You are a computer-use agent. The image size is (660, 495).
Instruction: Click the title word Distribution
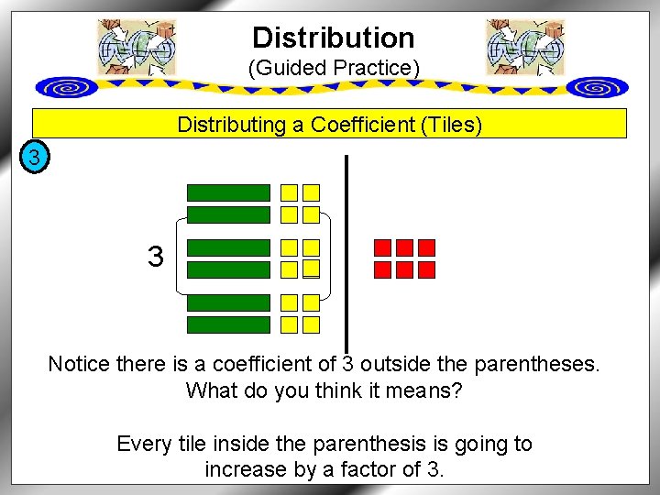[333, 38]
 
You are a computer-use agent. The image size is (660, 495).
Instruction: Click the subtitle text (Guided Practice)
[334, 68]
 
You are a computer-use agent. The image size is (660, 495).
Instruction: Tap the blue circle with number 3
[34, 159]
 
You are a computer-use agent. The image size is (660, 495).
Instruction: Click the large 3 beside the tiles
[156, 257]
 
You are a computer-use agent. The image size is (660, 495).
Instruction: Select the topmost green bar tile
[228, 192]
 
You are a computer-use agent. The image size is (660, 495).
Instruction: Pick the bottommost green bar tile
[228, 324]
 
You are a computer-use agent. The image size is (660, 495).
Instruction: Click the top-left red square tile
[382, 247]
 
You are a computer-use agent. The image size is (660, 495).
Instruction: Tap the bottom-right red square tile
[426, 269]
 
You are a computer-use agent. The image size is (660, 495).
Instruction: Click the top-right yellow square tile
[312, 192]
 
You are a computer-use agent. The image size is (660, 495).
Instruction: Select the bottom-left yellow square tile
[289, 324]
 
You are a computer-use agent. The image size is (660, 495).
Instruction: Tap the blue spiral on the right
[597, 87]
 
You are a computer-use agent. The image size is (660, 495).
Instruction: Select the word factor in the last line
[378, 471]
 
